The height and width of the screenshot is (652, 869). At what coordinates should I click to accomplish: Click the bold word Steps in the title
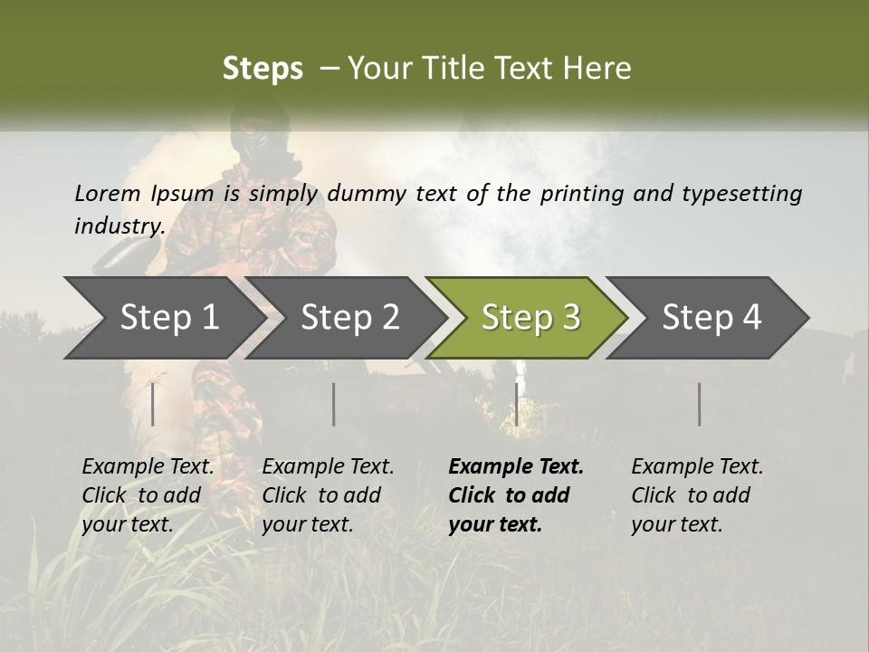pos(263,69)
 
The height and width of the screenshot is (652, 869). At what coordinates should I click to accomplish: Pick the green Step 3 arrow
pos(530,317)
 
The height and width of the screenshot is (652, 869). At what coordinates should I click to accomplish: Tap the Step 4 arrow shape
pos(711,317)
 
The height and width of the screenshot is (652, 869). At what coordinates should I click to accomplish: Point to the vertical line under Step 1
pos(153,404)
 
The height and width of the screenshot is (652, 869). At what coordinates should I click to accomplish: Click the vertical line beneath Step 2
pos(334,404)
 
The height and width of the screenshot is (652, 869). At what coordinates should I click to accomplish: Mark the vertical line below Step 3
pos(516,404)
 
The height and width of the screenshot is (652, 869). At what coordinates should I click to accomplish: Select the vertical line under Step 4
pos(699,404)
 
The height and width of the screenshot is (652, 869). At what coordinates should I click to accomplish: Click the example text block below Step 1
pos(148,495)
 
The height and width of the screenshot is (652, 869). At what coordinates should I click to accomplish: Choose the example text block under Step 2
pos(328,495)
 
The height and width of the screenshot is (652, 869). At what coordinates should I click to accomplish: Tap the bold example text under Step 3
pos(515,495)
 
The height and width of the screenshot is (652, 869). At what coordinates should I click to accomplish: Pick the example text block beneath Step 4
pos(697,495)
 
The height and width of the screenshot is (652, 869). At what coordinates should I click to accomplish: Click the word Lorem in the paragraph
pos(108,193)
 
